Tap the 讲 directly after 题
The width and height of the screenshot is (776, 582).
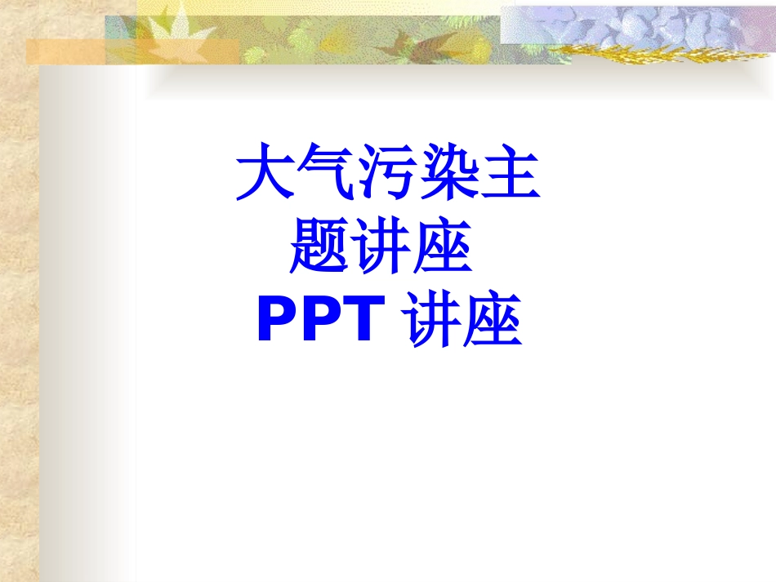click(x=382, y=250)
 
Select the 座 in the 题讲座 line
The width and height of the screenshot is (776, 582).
click(x=444, y=250)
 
